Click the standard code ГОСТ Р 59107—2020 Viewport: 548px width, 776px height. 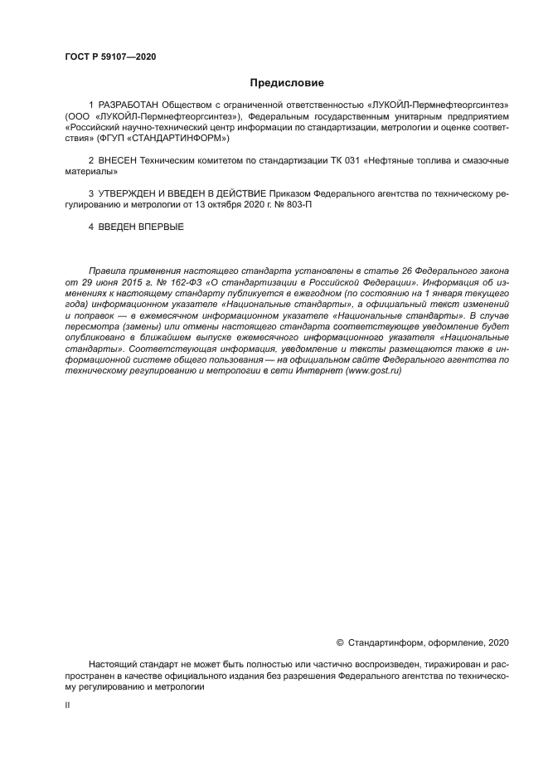110,57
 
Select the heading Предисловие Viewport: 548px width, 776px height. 287,83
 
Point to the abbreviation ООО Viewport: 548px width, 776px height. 77,117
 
